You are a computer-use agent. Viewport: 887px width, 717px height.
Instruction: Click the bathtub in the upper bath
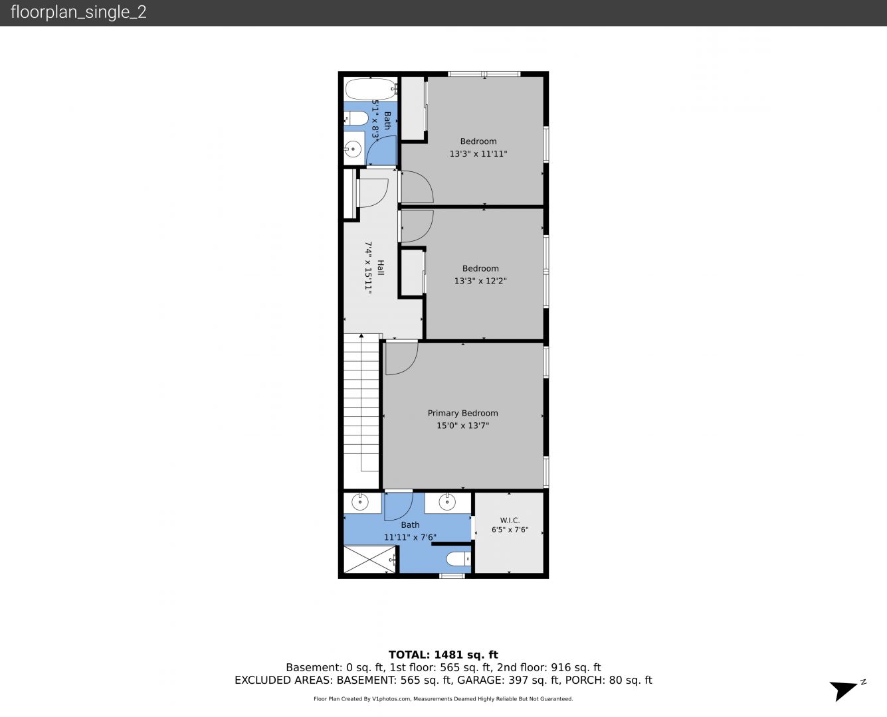[371, 89]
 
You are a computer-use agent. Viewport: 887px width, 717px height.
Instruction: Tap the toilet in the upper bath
[357, 118]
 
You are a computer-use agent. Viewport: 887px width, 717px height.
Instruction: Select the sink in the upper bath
[353, 149]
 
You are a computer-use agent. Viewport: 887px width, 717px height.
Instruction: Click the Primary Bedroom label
[462, 413]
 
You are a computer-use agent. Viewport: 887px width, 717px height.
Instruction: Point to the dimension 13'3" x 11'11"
[478, 153]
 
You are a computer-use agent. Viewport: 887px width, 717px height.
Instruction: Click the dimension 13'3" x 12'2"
[480, 281]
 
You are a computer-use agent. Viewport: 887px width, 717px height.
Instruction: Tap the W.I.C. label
[510, 520]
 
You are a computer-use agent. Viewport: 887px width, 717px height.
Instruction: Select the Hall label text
[380, 268]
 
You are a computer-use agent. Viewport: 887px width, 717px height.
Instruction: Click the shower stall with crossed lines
[369, 559]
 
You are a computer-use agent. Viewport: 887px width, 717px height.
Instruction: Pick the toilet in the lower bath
[458, 559]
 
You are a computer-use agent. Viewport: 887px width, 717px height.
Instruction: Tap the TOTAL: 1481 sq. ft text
[443, 655]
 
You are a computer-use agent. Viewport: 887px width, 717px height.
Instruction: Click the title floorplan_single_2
[78, 12]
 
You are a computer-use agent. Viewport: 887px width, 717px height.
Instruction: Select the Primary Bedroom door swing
[401, 358]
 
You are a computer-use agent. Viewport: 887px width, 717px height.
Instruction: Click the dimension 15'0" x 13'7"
[462, 426]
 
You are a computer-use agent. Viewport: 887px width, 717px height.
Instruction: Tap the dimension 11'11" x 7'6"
[410, 537]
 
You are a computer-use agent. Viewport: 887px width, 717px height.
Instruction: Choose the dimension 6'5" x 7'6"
[510, 530]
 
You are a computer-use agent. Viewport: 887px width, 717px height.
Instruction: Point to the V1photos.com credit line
[443, 699]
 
